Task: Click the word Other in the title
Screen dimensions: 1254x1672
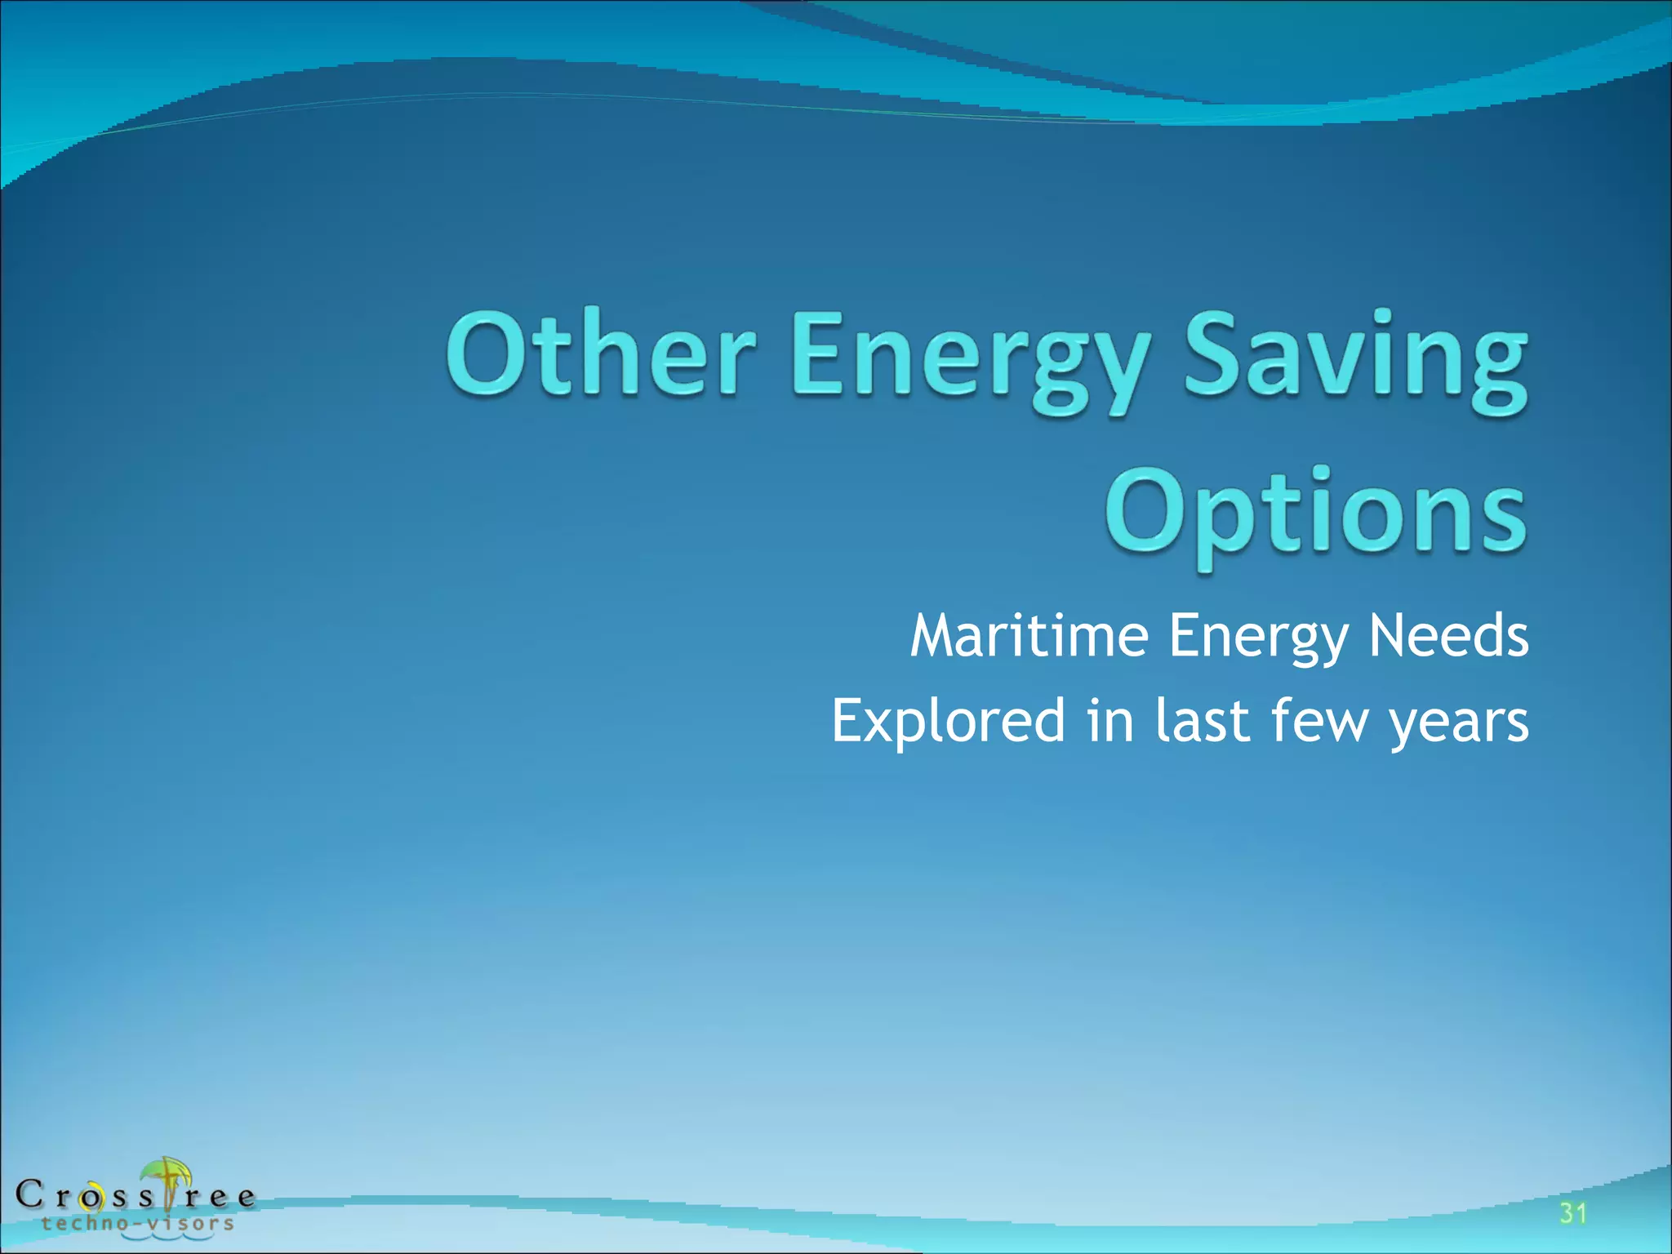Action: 600,355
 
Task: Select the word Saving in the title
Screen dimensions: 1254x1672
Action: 1355,359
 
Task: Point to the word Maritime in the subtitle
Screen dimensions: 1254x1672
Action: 1029,636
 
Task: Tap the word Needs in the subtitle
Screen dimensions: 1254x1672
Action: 1448,636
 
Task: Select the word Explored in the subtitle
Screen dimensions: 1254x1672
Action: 948,722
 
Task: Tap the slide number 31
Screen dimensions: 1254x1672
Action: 1573,1213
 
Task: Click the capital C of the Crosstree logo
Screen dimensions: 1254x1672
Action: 29,1194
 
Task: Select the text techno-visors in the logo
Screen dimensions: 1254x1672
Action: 138,1223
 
